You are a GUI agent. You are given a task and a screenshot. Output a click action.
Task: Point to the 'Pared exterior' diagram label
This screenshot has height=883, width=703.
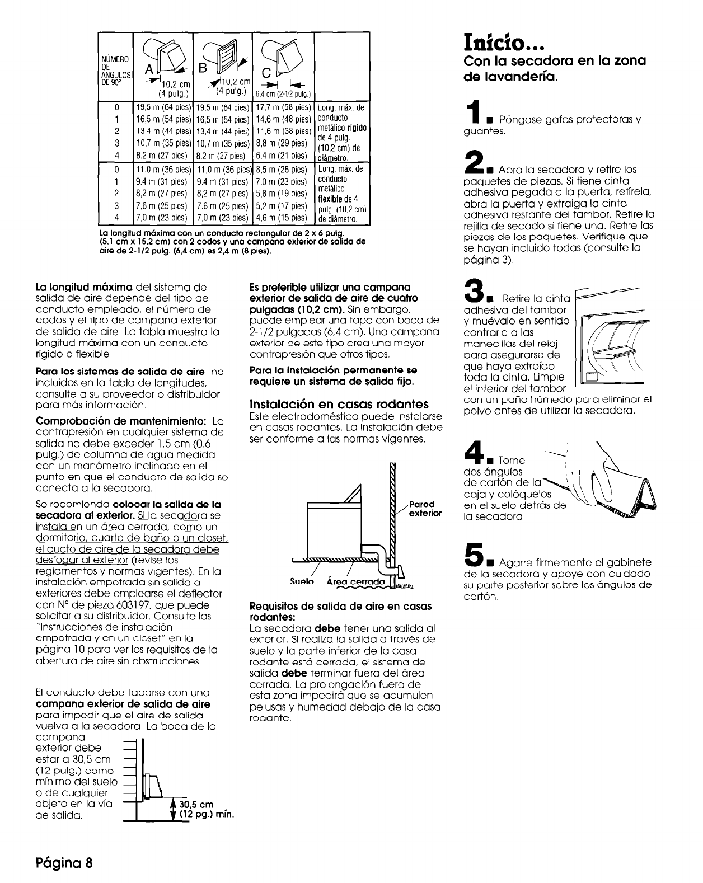click(x=425, y=508)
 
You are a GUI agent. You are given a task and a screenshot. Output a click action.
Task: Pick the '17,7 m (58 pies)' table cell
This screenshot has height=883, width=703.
click(x=283, y=107)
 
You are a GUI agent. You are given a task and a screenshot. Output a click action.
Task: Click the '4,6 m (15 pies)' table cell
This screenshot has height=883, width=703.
click(x=283, y=218)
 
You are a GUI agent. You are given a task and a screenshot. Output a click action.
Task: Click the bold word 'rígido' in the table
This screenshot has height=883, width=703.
click(x=356, y=128)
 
